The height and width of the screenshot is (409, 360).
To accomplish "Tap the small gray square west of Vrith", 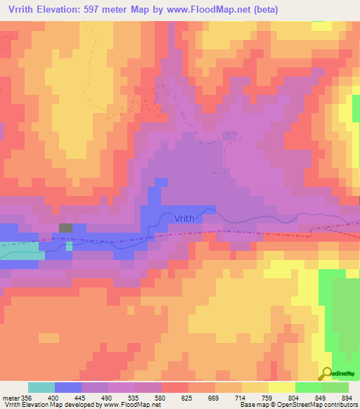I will coord(65,228).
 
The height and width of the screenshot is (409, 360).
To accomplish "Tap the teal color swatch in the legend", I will coord(41,387).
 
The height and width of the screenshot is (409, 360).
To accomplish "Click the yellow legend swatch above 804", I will coord(281,387).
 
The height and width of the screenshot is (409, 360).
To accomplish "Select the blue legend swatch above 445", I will coord(67,387).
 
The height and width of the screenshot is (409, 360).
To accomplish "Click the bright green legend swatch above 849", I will coord(308,387).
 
